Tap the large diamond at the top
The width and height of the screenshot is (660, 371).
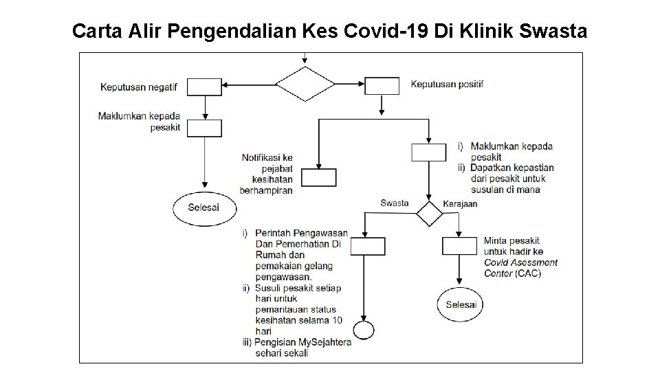click(305, 85)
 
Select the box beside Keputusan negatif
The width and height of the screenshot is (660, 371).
click(205, 86)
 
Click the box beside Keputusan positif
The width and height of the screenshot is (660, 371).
click(382, 86)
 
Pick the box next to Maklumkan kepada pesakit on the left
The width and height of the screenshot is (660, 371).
click(205, 128)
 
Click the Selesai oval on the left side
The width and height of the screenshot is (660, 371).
click(204, 207)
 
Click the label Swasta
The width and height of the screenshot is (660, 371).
click(395, 203)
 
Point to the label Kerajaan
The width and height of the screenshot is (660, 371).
click(461, 204)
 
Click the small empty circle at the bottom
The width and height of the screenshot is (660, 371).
click(362, 329)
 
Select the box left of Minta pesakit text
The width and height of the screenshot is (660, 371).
click(459, 247)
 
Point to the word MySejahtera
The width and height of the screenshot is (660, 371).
click(325, 342)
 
